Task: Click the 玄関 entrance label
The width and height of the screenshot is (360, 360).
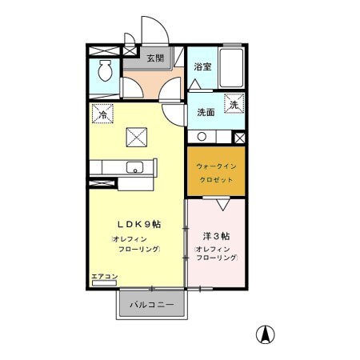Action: pyautogui.click(x=155, y=58)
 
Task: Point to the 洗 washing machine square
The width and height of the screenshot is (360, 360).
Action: pyautogui.click(x=234, y=104)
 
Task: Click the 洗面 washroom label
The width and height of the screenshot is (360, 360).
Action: pyautogui.click(x=205, y=113)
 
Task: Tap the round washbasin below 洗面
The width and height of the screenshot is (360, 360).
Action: pyautogui.click(x=201, y=136)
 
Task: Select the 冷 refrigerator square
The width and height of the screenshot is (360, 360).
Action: pyautogui.click(x=102, y=114)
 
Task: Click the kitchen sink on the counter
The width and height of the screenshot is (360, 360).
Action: pyautogui.click(x=134, y=168)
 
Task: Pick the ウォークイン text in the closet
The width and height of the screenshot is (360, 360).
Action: pyautogui.click(x=216, y=167)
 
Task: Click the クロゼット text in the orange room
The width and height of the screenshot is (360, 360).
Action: pyautogui.click(x=216, y=181)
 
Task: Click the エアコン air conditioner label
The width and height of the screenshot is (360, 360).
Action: pyautogui.click(x=104, y=277)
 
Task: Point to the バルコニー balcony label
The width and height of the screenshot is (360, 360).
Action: pyautogui.click(x=153, y=305)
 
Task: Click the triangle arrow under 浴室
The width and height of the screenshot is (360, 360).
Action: pyautogui.click(x=197, y=83)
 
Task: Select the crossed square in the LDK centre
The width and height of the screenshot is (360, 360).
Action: pyautogui.click(x=134, y=137)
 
